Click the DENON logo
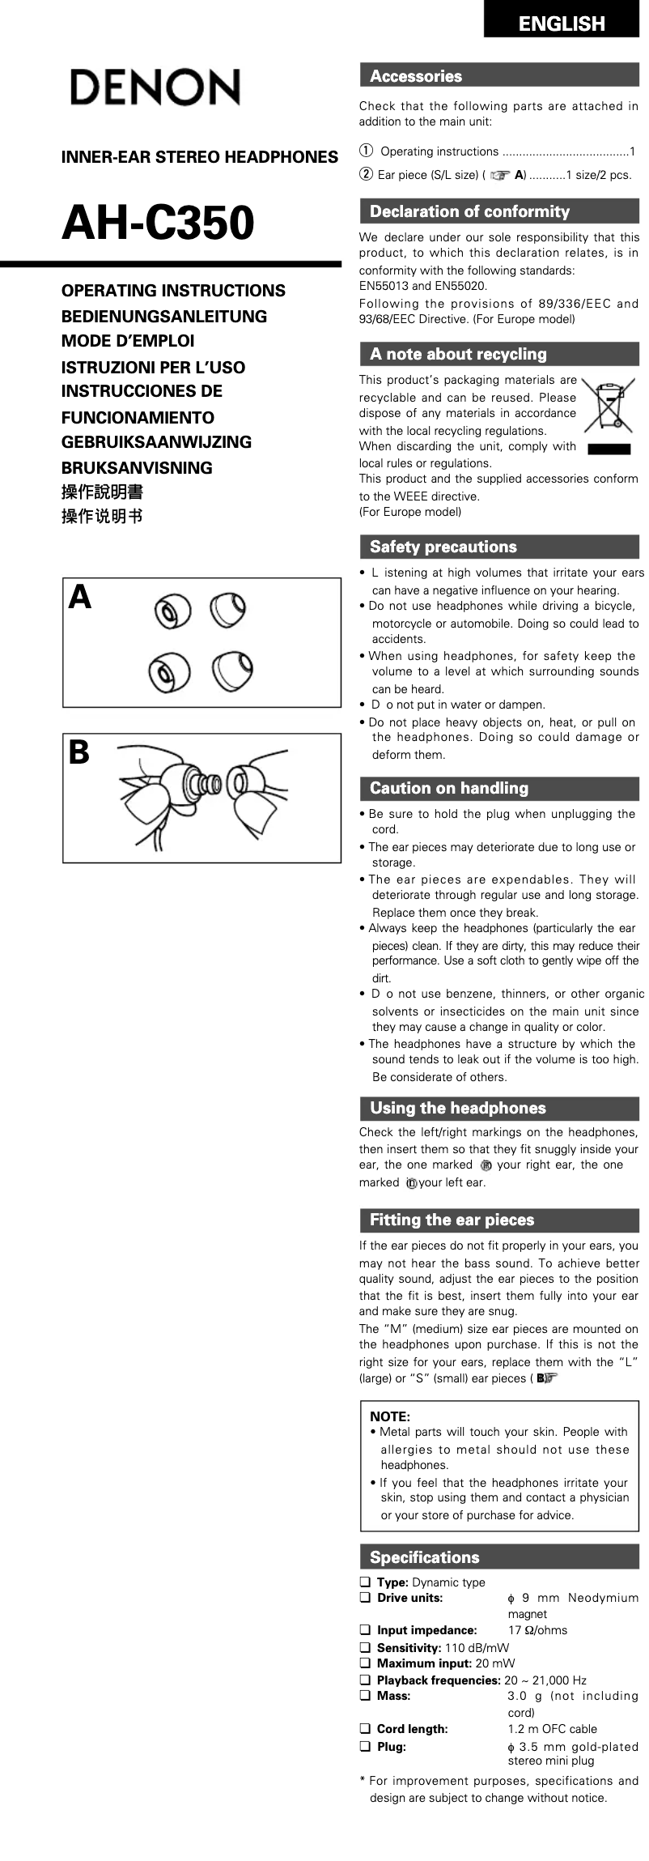[154, 87]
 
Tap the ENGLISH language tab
[561, 23]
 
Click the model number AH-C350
[158, 224]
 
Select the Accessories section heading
[416, 76]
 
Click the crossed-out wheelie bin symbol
[609, 407]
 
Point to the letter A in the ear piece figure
[79, 598]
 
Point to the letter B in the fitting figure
[78, 753]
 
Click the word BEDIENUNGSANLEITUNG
[163, 317]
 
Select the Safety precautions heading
[443, 547]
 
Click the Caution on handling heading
[448, 788]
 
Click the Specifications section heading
[424, 1557]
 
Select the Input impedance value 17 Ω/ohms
[537, 1630]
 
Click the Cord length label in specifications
[412, 1729]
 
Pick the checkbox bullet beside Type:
[365, 1582]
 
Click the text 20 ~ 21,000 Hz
[545, 1680]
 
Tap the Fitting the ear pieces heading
[452, 1220]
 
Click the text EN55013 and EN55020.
[423, 286]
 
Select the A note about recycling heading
[458, 354]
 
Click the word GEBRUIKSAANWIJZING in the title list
[156, 442]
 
